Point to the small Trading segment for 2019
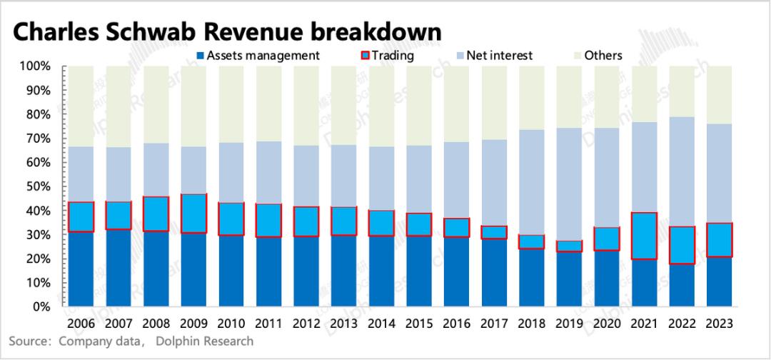tap(570, 246)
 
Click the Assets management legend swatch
tap(200, 56)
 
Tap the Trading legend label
tap(393, 56)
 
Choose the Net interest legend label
tap(500, 56)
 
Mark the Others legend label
tap(603, 56)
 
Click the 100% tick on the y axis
tap(35, 66)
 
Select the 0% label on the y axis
tap(41, 307)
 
